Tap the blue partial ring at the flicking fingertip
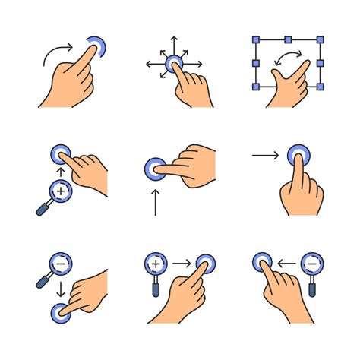(x=97, y=46)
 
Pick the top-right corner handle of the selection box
(x=321, y=38)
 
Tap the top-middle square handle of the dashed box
(x=288, y=38)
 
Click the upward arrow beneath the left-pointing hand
(x=156, y=202)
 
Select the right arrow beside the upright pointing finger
(x=266, y=156)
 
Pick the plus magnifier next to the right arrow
(x=155, y=265)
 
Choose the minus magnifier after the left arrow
(x=311, y=265)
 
